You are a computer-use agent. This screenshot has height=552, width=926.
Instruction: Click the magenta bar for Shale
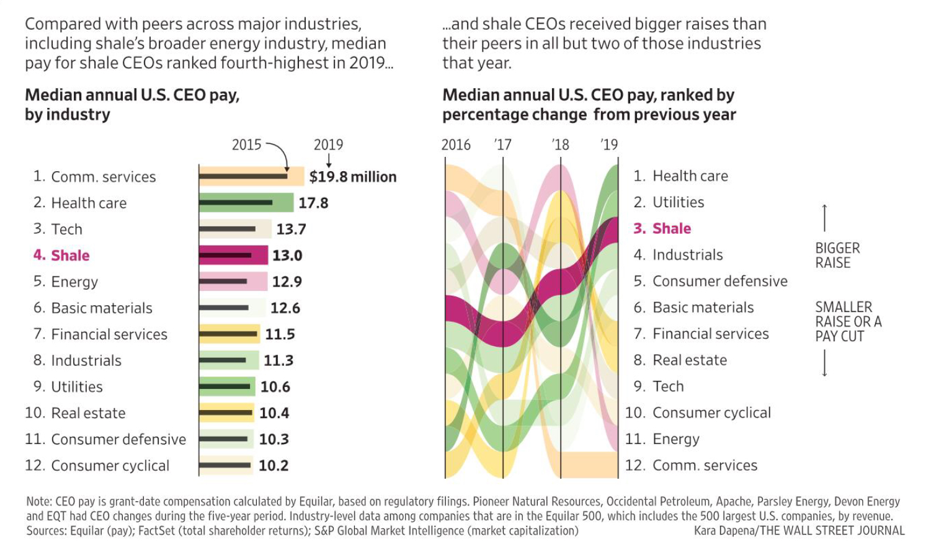[233, 255]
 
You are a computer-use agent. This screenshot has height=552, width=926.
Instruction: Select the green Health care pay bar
[246, 203]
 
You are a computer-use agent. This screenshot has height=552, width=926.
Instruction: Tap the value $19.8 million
[352, 177]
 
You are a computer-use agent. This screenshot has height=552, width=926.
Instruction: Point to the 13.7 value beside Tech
[291, 229]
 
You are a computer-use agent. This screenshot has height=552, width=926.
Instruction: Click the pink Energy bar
[233, 282]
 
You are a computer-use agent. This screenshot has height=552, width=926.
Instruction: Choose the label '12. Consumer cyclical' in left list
[97, 466]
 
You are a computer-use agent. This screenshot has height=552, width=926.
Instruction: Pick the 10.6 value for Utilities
[275, 387]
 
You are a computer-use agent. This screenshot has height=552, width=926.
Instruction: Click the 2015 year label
[246, 145]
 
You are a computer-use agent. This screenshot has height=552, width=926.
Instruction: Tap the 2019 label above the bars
[328, 145]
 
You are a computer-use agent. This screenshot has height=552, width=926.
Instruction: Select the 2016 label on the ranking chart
[456, 145]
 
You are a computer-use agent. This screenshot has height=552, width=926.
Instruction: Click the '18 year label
[560, 145]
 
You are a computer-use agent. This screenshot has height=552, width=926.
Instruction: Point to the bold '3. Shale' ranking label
[662, 229]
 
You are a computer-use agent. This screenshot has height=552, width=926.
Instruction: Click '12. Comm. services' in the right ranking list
[691, 465]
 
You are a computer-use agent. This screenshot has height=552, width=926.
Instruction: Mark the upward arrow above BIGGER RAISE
[824, 218]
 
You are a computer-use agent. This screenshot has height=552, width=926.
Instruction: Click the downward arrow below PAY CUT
[824, 363]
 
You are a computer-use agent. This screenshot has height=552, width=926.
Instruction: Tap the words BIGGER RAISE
[837, 256]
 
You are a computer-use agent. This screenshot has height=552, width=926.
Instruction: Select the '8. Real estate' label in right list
[680, 360]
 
